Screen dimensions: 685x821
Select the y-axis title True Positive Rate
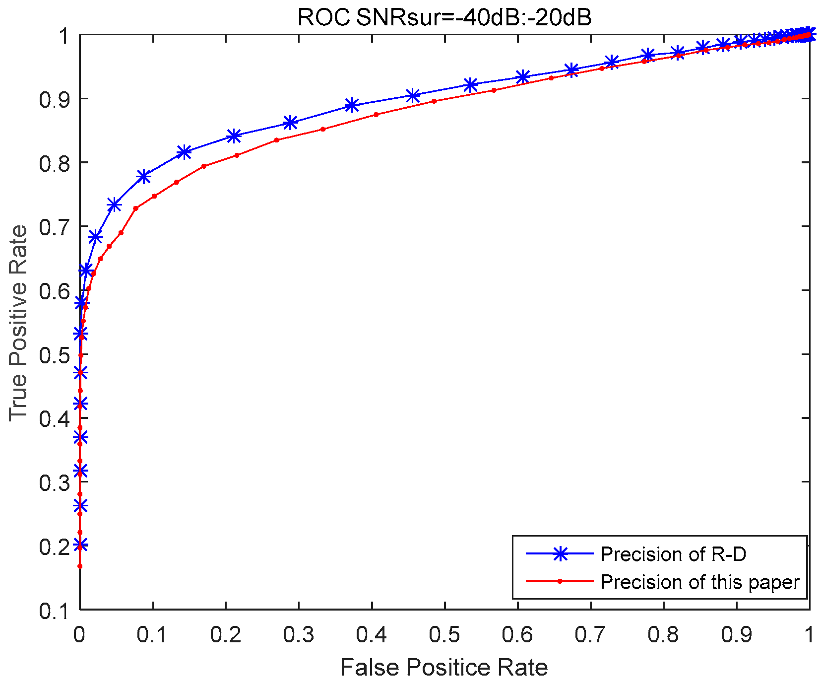[x=18, y=323]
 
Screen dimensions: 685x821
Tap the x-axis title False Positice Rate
[x=444, y=668]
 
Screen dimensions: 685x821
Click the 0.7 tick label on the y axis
[x=55, y=226]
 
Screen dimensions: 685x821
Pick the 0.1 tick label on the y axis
[x=55, y=611]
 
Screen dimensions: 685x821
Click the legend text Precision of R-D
[x=673, y=554]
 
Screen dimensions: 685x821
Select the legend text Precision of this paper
[x=699, y=582]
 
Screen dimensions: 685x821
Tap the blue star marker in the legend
[x=560, y=554]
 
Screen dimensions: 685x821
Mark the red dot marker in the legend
[x=560, y=581]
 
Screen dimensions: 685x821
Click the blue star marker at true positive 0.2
[x=80, y=545]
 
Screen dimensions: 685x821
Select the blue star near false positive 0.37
[x=352, y=105]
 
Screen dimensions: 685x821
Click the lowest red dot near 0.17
[x=80, y=566]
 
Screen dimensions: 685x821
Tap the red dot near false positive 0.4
[x=376, y=115]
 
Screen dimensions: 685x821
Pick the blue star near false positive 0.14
[x=184, y=152]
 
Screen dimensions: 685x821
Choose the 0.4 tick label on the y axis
[x=55, y=418]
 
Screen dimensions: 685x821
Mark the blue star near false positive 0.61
[x=522, y=76]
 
